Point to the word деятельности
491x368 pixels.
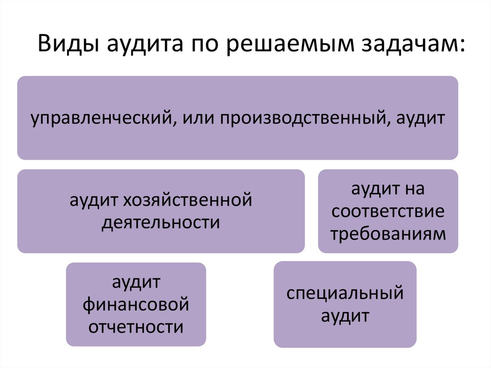[161, 223]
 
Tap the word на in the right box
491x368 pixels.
[414, 189]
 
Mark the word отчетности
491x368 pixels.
[136, 328]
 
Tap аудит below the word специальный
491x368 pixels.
[345, 317]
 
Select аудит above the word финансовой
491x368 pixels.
[136, 282]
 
